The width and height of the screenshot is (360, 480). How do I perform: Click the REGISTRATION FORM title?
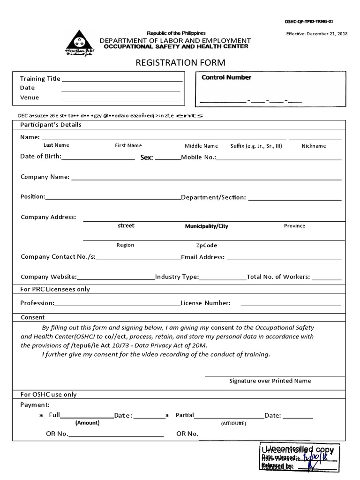click(180, 62)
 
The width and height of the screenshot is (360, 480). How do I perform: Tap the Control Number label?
click(226, 77)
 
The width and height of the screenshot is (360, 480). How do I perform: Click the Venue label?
click(30, 97)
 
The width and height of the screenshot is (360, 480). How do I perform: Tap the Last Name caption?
click(56, 145)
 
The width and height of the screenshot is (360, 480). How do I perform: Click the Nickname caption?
click(314, 146)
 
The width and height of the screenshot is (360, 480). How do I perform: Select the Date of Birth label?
click(40, 157)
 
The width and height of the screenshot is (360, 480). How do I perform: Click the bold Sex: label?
click(147, 157)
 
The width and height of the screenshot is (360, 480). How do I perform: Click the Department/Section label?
click(213, 197)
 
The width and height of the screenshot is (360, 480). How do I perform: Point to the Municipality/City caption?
click(207, 226)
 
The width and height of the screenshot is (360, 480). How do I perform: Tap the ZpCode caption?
click(206, 245)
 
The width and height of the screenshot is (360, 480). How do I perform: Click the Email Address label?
click(203, 257)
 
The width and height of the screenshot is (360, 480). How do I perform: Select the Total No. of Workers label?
click(278, 277)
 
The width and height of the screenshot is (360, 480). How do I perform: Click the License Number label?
click(205, 303)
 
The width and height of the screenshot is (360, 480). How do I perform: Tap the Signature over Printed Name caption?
click(270, 381)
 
